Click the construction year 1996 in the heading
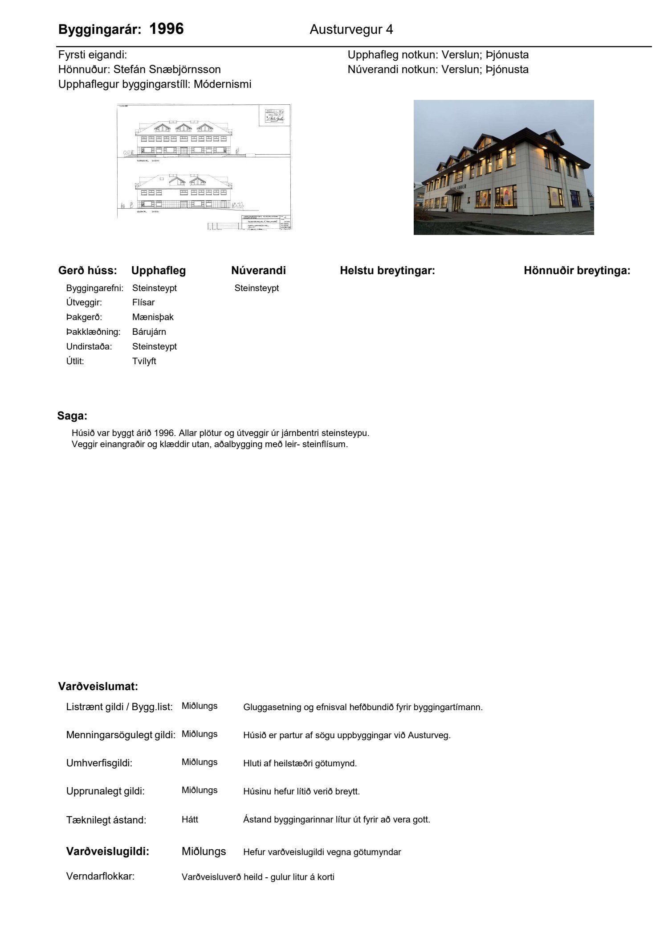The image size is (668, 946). (x=166, y=29)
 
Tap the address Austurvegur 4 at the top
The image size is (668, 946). (x=351, y=30)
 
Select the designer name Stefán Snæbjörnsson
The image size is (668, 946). (x=167, y=70)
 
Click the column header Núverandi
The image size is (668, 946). (x=258, y=271)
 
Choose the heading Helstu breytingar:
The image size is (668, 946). (x=387, y=271)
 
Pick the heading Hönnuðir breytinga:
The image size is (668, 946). (x=577, y=271)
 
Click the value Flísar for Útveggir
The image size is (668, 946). (x=143, y=303)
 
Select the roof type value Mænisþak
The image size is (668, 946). (x=153, y=317)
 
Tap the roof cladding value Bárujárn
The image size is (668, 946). (x=149, y=332)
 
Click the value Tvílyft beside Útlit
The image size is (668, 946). (x=144, y=362)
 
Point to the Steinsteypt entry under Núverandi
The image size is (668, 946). (x=257, y=288)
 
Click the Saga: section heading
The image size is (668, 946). (x=72, y=416)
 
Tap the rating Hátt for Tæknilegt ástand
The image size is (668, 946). (x=190, y=819)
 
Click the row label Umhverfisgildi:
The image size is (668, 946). (x=99, y=763)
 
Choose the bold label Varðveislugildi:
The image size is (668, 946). (x=107, y=852)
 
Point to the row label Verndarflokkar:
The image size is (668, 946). (x=100, y=876)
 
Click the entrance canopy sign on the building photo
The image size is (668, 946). (x=461, y=189)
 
